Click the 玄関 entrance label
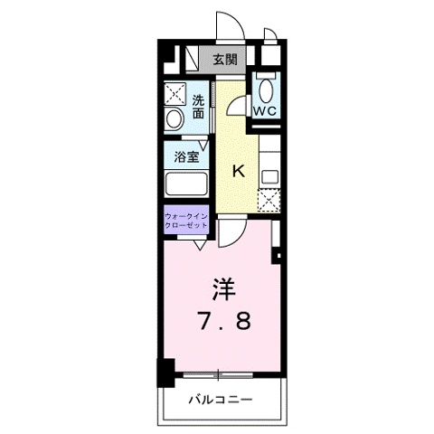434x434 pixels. (225, 60)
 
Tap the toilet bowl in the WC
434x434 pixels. (266, 90)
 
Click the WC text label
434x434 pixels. (264, 111)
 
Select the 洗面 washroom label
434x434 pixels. (198, 107)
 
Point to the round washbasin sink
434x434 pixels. (175, 119)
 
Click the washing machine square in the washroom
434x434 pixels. (175, 93)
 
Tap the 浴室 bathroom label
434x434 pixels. (186, 156)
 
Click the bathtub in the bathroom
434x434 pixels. (186, 184)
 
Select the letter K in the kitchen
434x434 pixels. (239, 172)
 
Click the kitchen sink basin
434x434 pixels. (269, 178)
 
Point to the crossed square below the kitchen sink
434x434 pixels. (269, 201)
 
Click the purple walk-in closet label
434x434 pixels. (186, 221)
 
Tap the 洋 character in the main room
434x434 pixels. (224, 289)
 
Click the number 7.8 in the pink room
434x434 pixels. (224, 321)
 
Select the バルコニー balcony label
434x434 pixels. (221, 401)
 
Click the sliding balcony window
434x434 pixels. (218, 375)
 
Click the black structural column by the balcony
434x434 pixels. (165, 373)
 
